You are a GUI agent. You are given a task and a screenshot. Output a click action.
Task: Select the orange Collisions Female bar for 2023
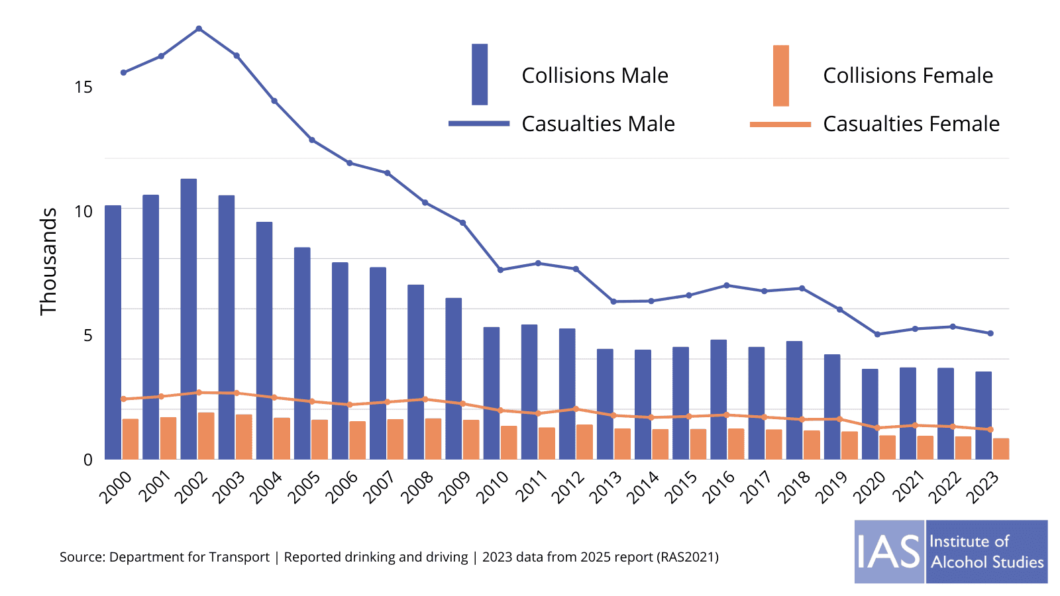[x=1001, y=449]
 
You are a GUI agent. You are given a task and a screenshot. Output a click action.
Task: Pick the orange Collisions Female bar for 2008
[x=433, y=439]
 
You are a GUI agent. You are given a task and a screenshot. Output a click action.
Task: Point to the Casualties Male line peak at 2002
[x=199, y=28]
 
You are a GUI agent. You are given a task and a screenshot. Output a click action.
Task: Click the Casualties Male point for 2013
[x=613, y=301]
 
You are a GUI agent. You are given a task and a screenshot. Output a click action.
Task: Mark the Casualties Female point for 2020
[x=877, y=428]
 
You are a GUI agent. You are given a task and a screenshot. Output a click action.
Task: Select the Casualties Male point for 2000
[x=123, y=72]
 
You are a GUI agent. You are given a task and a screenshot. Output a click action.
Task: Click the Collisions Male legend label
[x=595, y=75]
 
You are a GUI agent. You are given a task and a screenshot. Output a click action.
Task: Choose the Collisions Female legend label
[x=908, y=75]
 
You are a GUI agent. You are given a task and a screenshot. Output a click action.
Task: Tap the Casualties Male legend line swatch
[x=479, y=124]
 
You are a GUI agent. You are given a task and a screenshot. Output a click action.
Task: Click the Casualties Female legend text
[x=911, y=124]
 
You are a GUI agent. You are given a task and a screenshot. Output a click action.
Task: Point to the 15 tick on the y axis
[x=83, y=87]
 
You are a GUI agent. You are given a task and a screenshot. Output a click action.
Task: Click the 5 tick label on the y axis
[x=88, y=335]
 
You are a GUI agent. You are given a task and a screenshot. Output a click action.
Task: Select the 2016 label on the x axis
[x=719, y=487]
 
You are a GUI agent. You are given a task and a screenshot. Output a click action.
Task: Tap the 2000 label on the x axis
[x=116, y=487]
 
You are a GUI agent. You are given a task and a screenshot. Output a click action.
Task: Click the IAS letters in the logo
[x=889, y=552]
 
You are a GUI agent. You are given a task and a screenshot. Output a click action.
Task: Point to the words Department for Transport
[x=189, y=557]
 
